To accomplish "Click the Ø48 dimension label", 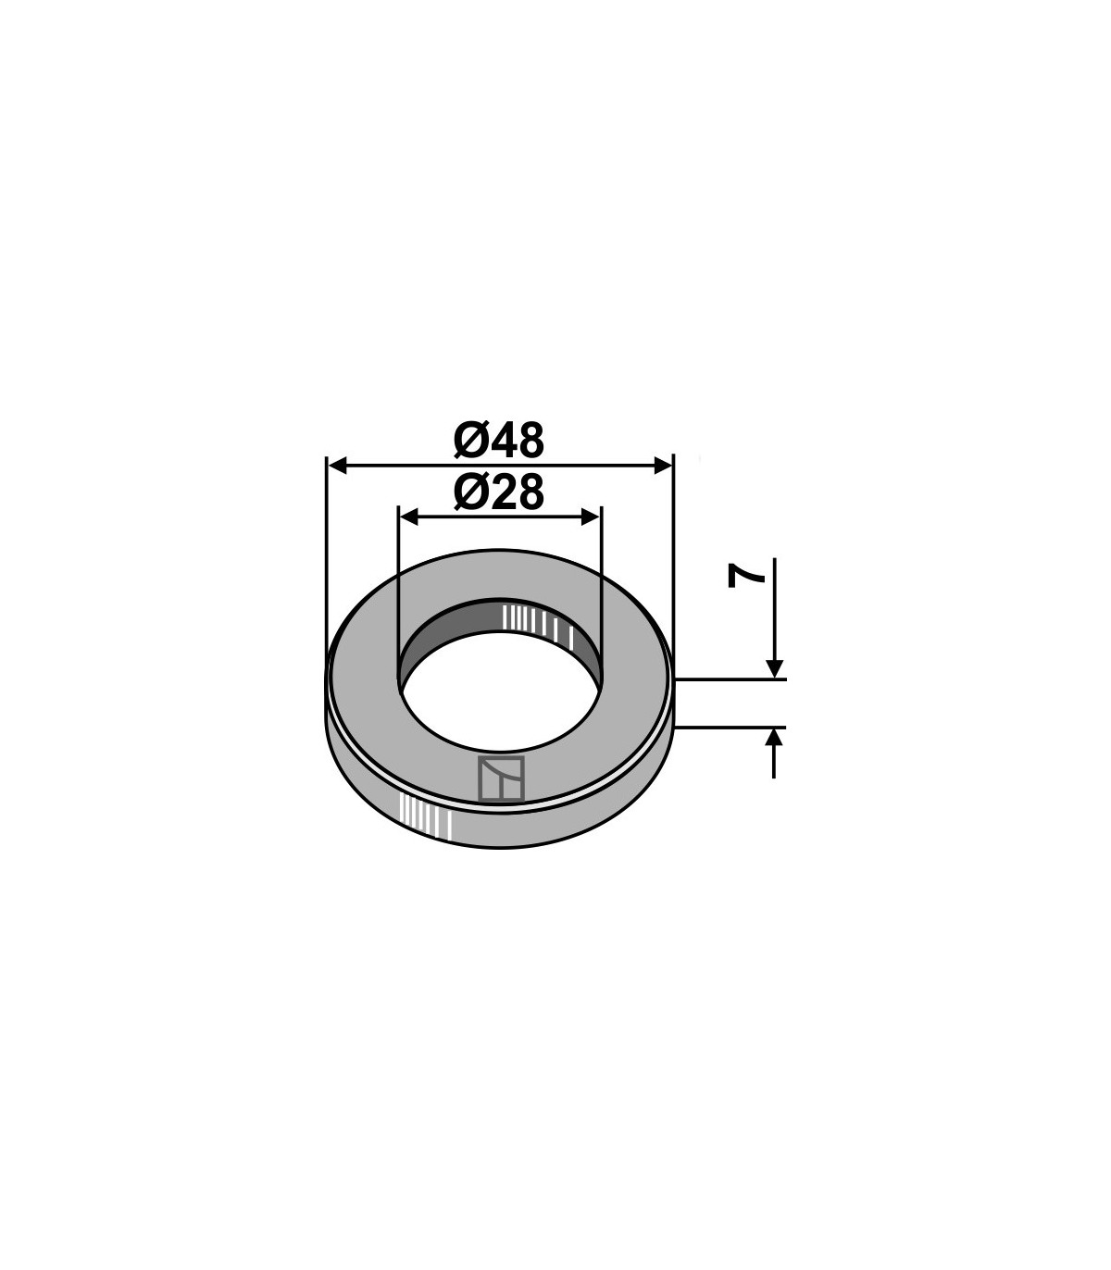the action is [498, 440].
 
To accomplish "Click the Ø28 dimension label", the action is [498, 492].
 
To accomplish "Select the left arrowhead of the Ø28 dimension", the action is [408, 517].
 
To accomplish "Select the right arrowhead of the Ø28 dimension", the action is [592, 517].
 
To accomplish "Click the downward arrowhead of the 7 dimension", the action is [774, 669].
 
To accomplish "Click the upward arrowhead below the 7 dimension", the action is [774, 738].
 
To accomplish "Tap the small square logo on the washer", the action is [501, 778].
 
